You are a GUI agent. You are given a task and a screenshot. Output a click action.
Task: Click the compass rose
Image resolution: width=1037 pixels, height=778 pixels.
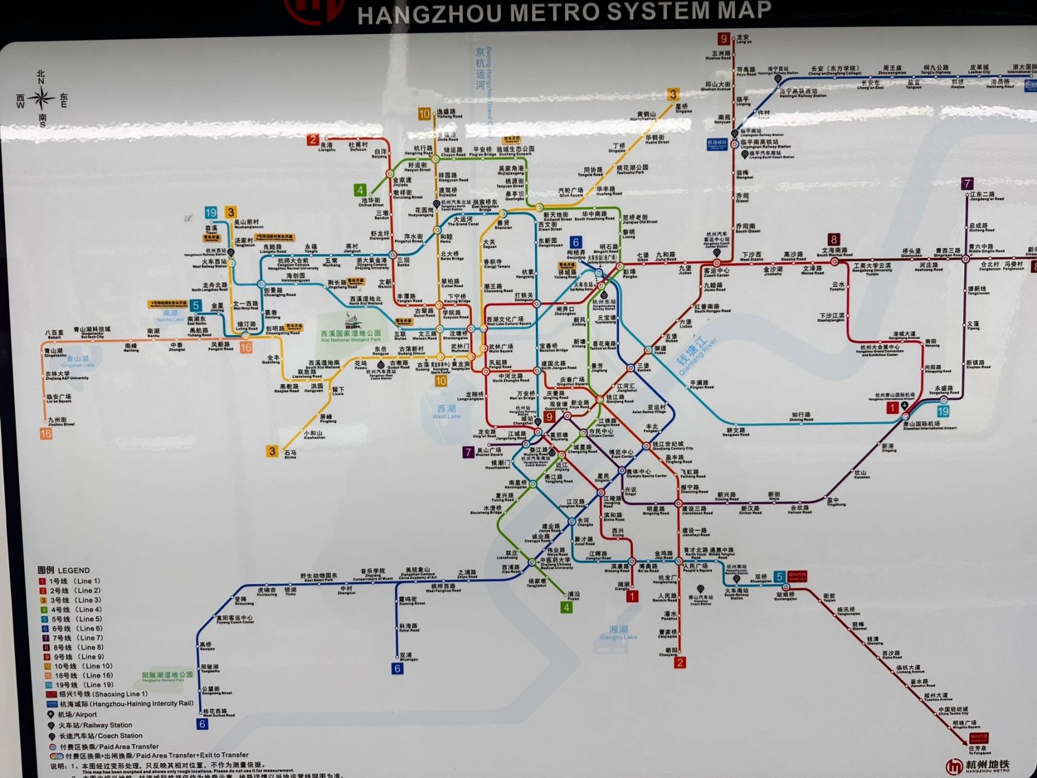click(x=41, y=98)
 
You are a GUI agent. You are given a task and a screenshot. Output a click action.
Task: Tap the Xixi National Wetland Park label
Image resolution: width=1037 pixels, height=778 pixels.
click(x=351, y=335)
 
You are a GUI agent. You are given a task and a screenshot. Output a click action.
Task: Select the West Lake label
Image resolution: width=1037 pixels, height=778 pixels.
click(x=447, y=412)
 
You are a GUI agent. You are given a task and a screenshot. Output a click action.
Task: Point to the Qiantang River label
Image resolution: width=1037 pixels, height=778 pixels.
click(x=696, y=355)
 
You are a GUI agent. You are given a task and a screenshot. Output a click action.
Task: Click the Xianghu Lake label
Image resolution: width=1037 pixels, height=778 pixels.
click(x=618, y=633)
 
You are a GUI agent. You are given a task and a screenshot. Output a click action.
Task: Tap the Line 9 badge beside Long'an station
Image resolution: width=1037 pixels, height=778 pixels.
click(x=723, y=39)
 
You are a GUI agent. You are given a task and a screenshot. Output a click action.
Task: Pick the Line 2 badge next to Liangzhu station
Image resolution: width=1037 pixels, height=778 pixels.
click(x=313, y=140)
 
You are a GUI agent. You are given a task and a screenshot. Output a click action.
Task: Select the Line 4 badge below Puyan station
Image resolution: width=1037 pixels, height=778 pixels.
click(x=566, y=607)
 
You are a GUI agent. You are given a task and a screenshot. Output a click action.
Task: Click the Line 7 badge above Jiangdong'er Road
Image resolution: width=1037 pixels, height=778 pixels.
click(x=967, y=183)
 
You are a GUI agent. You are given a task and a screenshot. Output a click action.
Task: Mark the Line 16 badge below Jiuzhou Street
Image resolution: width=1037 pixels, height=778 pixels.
click(x=46, y=433)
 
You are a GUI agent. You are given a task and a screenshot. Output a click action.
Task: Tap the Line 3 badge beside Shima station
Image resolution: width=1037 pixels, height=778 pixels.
click(x=272, y=451)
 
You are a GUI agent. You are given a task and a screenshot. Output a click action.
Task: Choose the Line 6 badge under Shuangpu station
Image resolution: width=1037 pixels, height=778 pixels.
click(x=397, y=669)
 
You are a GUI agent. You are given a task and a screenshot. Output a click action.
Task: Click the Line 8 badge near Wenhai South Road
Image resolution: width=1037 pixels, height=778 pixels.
click(x=834, y=239)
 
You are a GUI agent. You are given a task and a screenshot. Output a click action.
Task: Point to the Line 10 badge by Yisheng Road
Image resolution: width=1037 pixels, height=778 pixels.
click(x=424, y=114)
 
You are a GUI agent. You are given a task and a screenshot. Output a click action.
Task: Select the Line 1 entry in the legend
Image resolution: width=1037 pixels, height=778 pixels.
click(x=70, y=581)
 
